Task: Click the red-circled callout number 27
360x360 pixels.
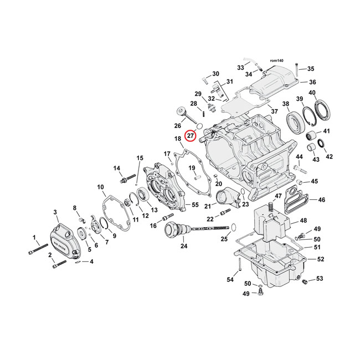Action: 191,136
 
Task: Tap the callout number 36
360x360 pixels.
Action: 312,82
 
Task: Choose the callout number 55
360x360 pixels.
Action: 194,205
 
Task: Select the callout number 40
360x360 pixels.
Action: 312,92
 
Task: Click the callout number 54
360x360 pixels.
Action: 230,280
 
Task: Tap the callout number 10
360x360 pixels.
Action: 100,187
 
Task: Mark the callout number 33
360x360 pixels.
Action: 240,68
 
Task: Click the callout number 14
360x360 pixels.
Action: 117,168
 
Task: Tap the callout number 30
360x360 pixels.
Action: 215,74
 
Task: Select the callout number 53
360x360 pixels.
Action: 319,279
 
